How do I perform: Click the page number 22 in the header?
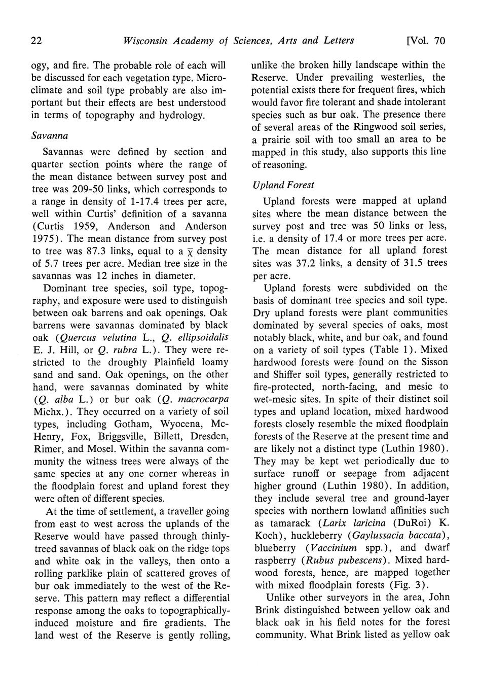[36, 41]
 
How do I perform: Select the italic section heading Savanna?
[50, 135]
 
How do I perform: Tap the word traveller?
[187, 511]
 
